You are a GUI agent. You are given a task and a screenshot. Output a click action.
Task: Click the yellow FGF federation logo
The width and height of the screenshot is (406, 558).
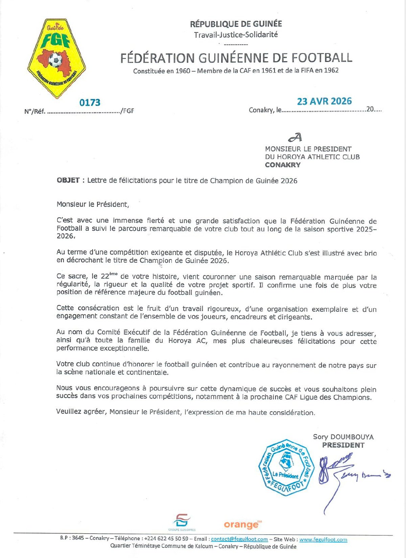pos(57,58)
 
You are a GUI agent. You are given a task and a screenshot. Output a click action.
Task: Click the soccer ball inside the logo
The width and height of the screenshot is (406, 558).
pos(55,60)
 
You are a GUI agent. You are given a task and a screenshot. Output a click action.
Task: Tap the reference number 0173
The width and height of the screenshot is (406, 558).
pos(90,103)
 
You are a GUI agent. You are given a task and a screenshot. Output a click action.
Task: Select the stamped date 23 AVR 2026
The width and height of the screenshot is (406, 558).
pos(324,101)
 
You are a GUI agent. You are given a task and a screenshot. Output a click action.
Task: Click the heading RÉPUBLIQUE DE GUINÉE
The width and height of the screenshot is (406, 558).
pos(236,24)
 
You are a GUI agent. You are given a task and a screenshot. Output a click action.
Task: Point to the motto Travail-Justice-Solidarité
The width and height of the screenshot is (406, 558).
pos(236,35)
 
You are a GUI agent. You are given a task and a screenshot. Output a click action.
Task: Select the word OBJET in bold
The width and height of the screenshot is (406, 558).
pos(68,180)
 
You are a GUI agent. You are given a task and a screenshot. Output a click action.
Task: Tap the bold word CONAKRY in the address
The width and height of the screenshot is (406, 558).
pos(283,165)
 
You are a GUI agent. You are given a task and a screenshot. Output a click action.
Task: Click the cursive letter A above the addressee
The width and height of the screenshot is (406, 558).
pos(295,137)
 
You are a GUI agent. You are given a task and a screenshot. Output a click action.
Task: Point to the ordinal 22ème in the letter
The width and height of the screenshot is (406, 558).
pos(109,275)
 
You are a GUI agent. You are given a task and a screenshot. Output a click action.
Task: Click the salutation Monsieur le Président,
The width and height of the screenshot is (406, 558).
pos(93,204)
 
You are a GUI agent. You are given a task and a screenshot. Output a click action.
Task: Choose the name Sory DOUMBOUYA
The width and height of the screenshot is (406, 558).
pos(343,437)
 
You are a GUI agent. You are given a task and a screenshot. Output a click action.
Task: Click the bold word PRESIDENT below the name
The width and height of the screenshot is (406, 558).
pos(343,445)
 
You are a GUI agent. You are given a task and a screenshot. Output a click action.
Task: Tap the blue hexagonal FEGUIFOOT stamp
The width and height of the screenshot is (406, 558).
pos(286,468)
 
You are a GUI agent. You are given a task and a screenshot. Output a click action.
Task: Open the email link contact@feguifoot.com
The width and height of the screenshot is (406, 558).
pos(239,539)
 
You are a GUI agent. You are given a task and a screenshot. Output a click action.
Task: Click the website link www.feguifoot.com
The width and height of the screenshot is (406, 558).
pos(323,539)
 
